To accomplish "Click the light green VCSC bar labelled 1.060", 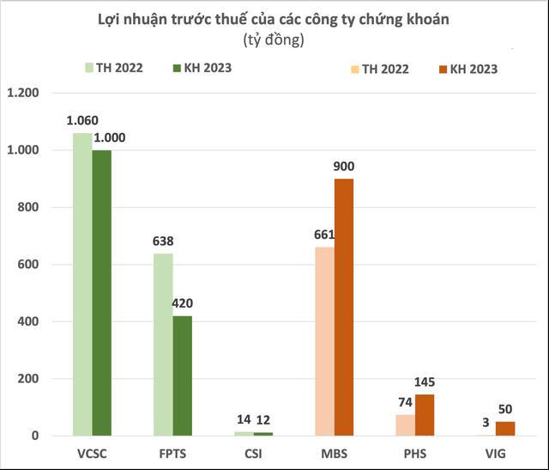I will click(x=82, y=284).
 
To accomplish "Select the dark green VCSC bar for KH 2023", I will click(x=102, y=293).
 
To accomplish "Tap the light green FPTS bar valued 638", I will click(x=163, y=345).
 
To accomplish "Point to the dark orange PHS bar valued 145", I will click(x=425, y=415).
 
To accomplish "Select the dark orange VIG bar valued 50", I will click(x=506, y=429).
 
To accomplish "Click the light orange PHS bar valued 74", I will click(x=405, y=425).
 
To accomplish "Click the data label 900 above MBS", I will click(x=345, y=167).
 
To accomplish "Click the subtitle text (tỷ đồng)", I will click(x=274, y=40).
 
